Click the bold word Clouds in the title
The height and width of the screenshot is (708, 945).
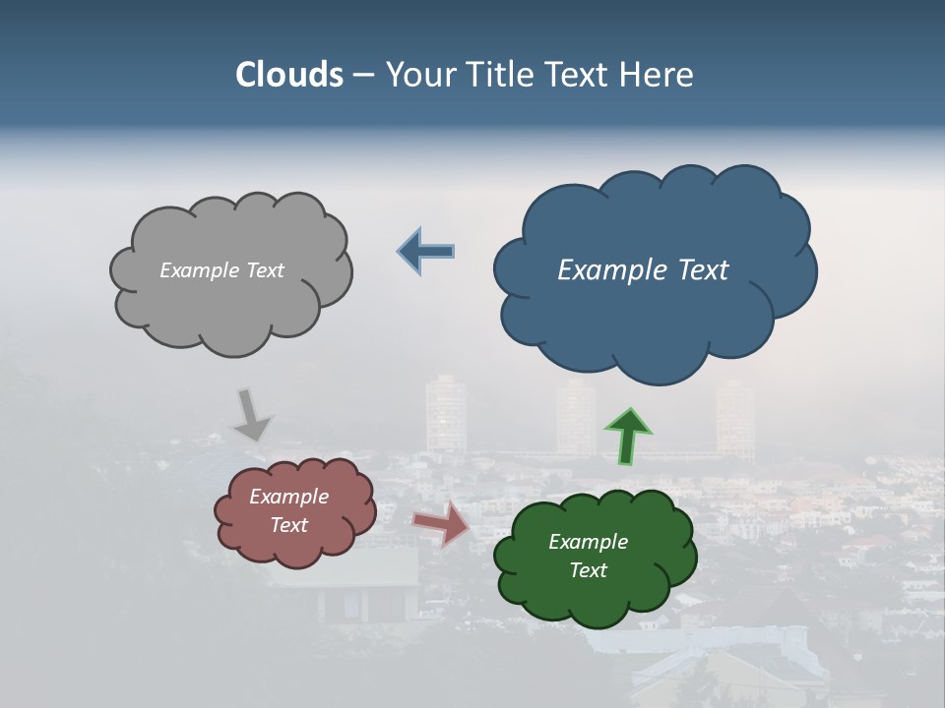point(289,75)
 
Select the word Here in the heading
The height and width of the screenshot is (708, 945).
point(659,75)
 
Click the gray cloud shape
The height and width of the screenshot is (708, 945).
point(231,305)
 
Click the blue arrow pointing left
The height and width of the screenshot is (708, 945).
point(427,252)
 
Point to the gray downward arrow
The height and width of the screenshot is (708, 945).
point(253,415)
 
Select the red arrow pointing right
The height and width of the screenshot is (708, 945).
point(442,524)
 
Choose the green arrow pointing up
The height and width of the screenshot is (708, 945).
point(628,436)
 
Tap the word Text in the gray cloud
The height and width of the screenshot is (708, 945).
point(264,270)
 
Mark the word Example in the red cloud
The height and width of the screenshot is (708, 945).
point(288,497)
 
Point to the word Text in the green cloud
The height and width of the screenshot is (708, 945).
point(588,570)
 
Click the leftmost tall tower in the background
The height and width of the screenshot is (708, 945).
point(445,413)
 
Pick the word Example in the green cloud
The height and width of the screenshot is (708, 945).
point(588,542)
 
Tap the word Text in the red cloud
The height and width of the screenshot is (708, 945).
point(288,525)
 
